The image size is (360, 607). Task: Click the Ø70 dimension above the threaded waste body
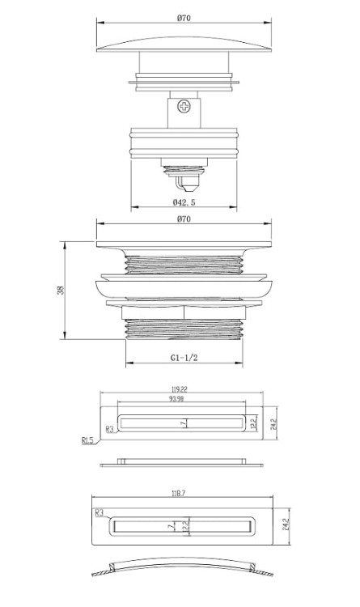(184, 229)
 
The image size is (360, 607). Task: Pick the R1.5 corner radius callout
(87, 441)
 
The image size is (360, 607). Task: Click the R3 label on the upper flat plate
(110, 430)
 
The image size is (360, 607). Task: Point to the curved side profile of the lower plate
(181, 568)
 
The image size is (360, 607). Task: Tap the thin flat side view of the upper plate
(182, 464)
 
